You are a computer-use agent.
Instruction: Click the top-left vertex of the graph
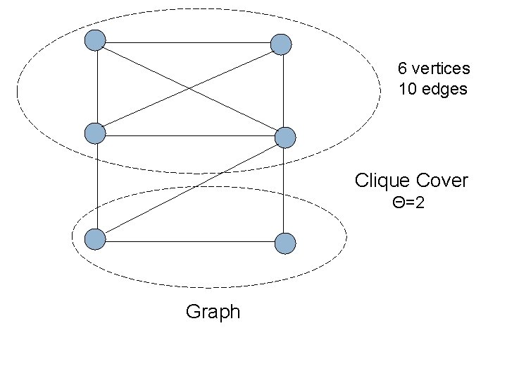pos(95,41)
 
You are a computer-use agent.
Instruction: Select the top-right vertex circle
pos(281,44)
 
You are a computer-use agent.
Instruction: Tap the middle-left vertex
pos(95,132)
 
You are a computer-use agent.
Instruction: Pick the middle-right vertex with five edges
pos(284,138)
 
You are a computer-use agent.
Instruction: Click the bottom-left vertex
pos(95,239)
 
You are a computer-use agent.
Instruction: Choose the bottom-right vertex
pos(284,243)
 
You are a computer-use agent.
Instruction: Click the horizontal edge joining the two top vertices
pos(188,43)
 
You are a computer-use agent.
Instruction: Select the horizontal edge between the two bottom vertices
pos(190,241)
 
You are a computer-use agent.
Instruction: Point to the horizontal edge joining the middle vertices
pos(190,135)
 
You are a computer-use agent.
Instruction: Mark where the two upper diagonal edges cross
pos(188,88)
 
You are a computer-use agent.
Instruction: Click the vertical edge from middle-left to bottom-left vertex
pos(96,186)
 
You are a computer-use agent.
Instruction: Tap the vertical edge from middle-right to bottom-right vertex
pos(283,190)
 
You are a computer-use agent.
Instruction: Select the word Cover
pos(442,181)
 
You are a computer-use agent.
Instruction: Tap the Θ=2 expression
pos(408,204)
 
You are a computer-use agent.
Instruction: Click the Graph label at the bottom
pos(213,312)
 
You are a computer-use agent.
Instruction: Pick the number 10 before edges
pos(406,90)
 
